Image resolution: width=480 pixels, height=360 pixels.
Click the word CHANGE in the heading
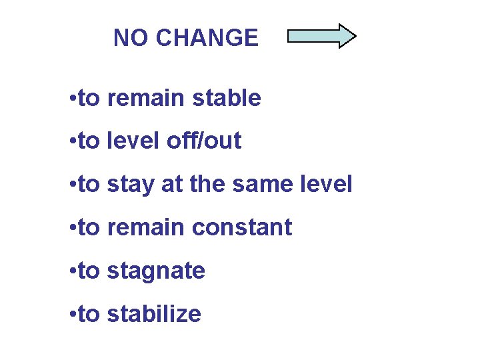click(x=207, y=38)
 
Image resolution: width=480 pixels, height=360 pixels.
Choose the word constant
click(x=242, y=227)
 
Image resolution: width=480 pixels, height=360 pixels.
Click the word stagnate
click(x=156, y=271)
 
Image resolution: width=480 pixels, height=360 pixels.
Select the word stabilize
click(x=154, y=313)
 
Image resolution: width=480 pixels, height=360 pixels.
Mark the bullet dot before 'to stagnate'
click(x=71, y=272)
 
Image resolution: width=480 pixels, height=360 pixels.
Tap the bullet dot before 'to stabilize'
click(x=71, y=315)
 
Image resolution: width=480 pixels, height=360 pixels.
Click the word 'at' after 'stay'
click(x=169, y=185)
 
